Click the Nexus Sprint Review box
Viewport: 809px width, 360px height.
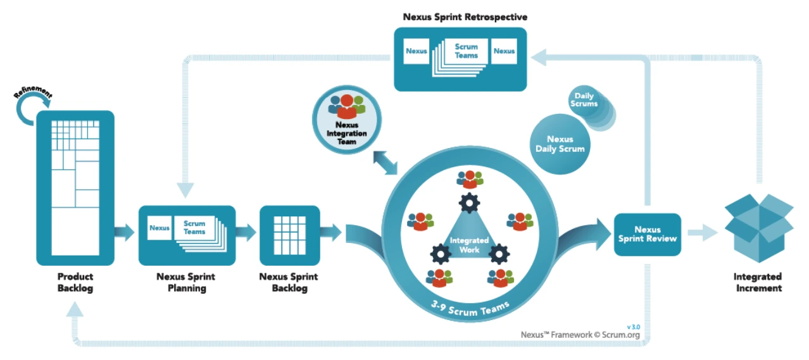[647, 234]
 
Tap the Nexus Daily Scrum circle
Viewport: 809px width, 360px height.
[560, 144]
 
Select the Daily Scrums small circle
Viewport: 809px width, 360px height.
[584, 101]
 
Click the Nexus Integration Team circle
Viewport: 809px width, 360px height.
[347, 120]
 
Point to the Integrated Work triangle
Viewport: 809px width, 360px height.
[469, 239]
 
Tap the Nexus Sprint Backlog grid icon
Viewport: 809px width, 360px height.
[290, 235]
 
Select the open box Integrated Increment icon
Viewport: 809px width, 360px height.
[759, 228]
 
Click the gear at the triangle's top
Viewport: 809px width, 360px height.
[469, 203]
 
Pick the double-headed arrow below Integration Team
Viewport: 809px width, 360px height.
[386, 163]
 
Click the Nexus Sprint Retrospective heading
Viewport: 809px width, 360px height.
[465, 17]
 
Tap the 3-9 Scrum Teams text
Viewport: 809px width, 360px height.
[470, 309]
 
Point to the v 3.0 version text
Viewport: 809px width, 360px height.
[634, 327]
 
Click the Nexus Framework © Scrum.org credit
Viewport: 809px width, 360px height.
[580, 335]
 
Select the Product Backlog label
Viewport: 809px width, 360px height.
[75, 282]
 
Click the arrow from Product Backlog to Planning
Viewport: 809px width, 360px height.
[125, 232]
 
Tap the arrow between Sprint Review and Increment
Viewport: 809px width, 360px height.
[703, 233]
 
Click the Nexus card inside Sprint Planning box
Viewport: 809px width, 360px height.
[160, 228]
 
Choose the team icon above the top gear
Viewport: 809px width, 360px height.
[470, 179]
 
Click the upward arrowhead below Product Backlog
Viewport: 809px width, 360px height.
[75, 309]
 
